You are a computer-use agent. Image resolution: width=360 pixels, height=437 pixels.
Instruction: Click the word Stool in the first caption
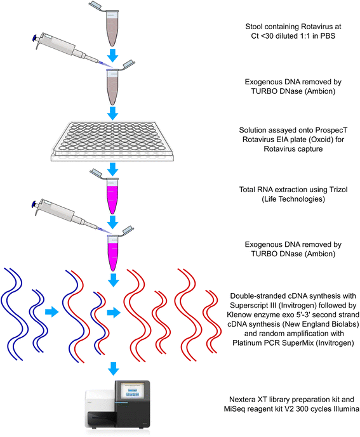point(254,27)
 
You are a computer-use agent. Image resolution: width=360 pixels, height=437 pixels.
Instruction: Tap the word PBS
point(328,36)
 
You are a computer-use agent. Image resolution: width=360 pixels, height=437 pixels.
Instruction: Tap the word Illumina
point(346,409)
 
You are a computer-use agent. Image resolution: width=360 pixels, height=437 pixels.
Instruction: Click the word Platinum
point(246,342)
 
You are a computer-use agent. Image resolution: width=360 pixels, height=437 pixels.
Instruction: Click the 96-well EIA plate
point(112,141)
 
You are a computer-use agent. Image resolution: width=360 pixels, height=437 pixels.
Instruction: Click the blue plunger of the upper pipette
point(36,38)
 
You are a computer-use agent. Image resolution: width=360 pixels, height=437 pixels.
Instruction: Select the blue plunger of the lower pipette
point(35,205)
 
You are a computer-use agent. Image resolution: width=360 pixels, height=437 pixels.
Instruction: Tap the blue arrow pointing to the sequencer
point(113,369)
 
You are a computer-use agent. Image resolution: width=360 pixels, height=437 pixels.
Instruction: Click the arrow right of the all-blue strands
point(52,311)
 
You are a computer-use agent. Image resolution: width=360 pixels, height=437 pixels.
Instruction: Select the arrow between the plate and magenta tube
point(113,169)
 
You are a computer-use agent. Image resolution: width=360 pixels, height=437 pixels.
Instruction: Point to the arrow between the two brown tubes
point(113,55)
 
